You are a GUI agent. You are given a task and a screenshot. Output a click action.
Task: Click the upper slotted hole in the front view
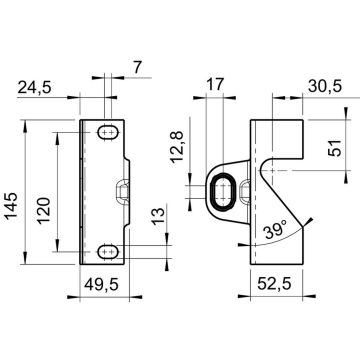coord(109,131)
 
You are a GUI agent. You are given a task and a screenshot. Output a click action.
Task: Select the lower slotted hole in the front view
coord(109,250)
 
